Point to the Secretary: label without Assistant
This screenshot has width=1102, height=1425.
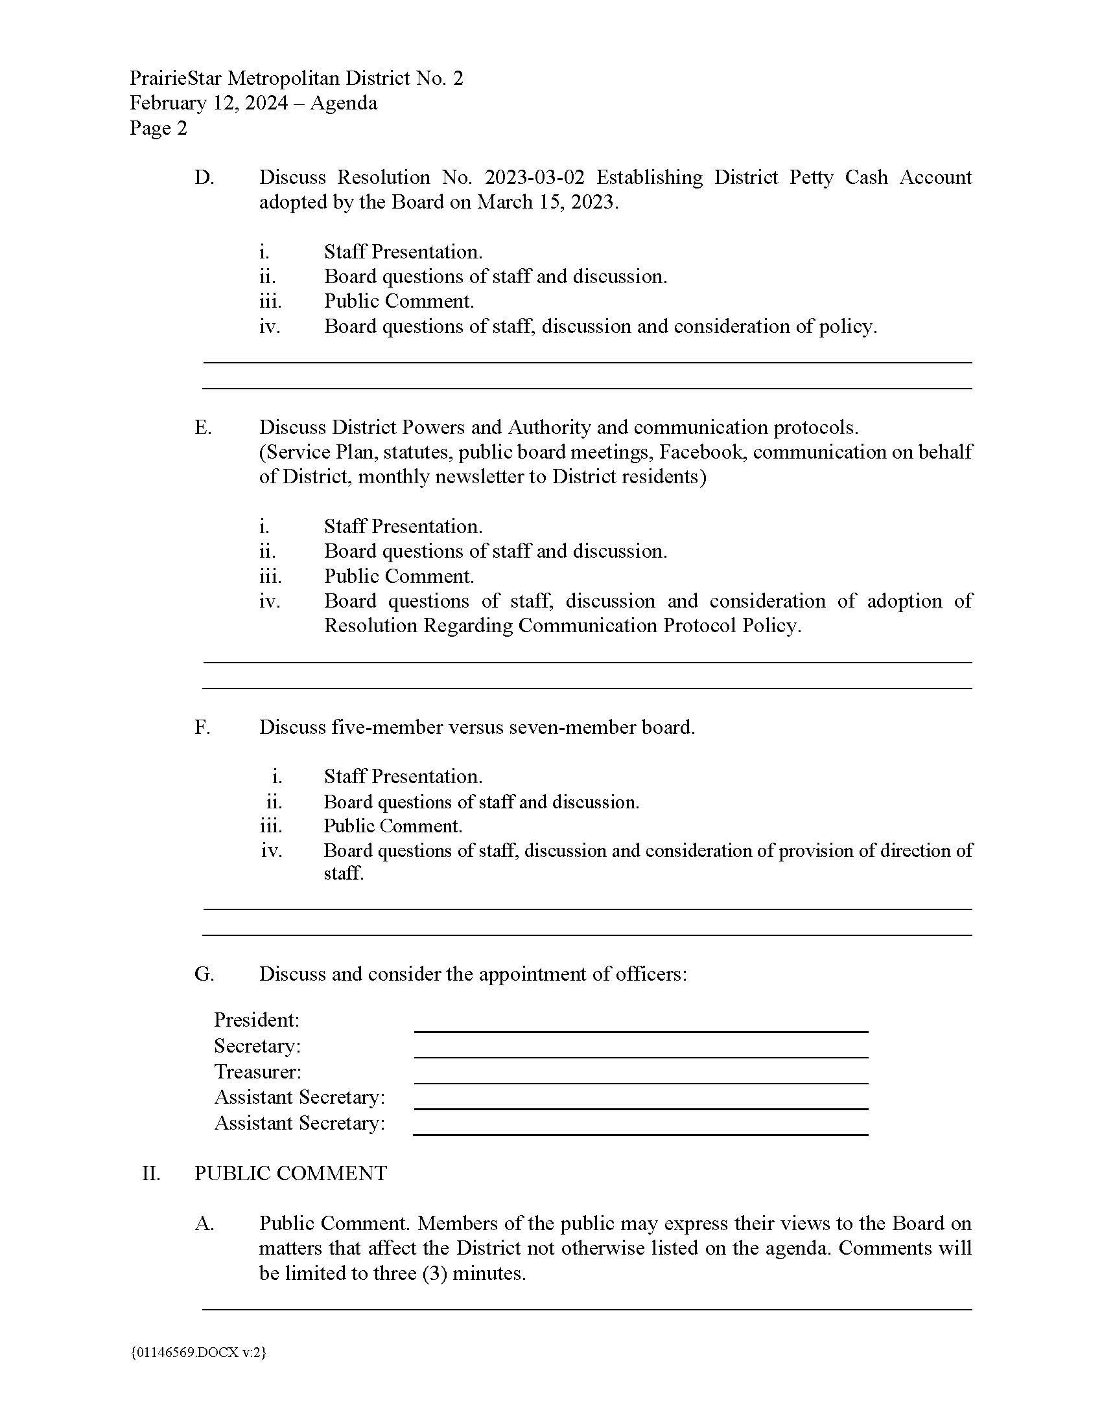257,1046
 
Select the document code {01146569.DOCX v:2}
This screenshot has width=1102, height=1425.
198,1352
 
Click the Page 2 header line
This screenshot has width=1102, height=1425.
158,128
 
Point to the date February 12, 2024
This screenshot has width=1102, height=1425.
208,103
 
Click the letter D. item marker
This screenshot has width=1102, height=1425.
204,177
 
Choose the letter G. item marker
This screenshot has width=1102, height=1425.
204,974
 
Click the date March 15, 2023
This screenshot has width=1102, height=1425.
546,202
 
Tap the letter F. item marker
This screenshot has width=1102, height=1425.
202,727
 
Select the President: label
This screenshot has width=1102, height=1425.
257,1020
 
